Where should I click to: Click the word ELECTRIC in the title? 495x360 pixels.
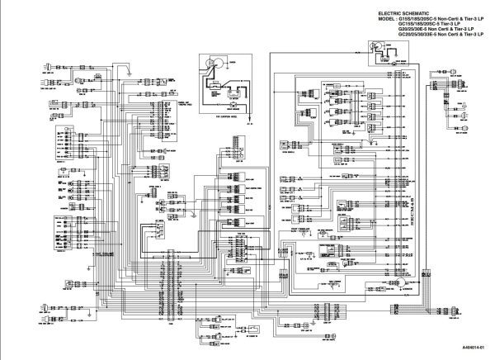(389, 14)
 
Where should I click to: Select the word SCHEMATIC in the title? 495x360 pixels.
(413, 14)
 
